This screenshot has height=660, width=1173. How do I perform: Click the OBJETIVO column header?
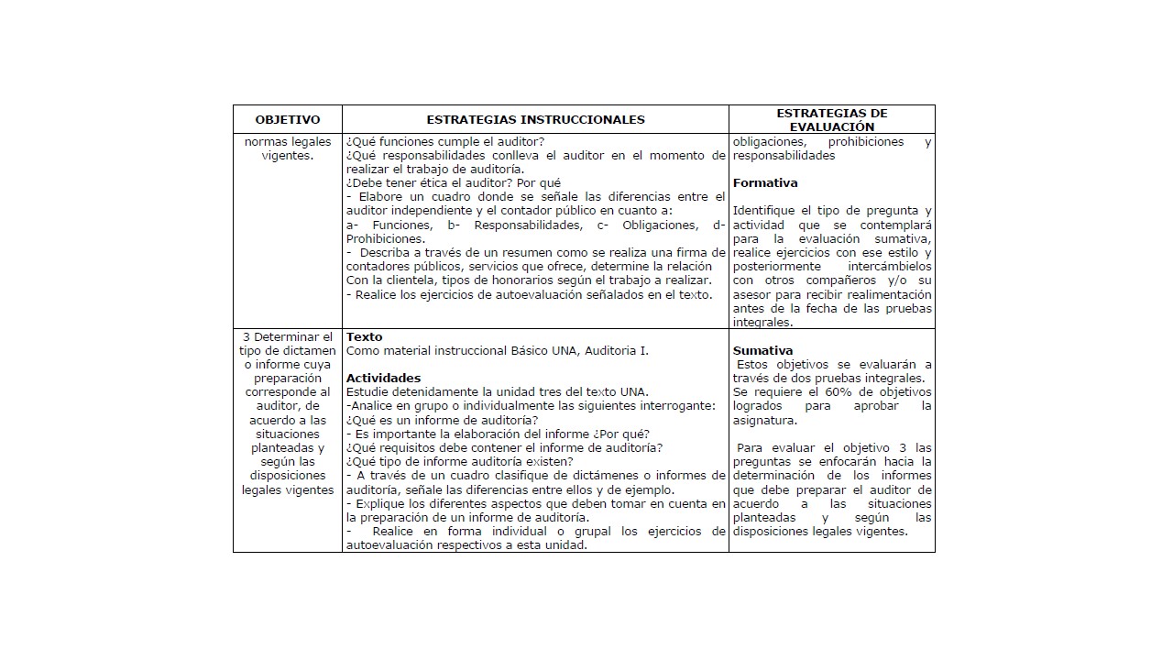[x=288, y=120]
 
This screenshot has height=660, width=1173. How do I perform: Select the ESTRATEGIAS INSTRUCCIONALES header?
[x=535, y=120]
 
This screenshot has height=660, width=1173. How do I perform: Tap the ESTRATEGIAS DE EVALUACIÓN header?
[x=832, y=120]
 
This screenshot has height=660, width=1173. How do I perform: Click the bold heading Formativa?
[x=765, y=183]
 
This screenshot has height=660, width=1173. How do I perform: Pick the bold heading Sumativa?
[x=762, y=351]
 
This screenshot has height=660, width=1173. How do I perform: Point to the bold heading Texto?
[x=364, y=337]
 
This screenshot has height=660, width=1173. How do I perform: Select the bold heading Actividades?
[x=383, y=379]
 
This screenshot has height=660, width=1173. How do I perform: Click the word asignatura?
[x=764, y=421]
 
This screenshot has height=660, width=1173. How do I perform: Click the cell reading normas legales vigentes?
[x=287, y=148]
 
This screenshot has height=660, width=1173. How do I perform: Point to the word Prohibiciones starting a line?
[x=385, y=239]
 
